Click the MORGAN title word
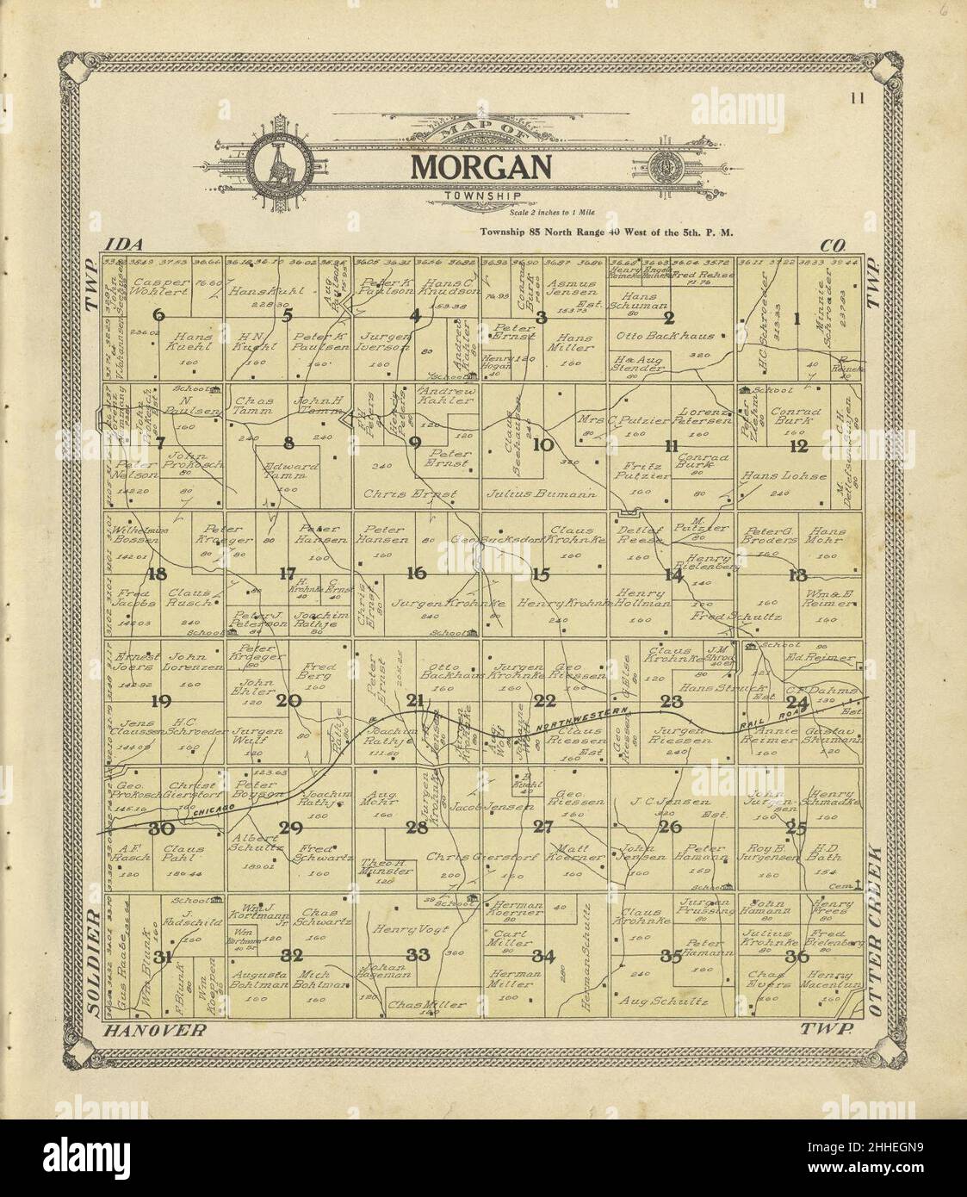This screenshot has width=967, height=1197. (x=480, y=166)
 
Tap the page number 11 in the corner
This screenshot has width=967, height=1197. (x=856, y=97)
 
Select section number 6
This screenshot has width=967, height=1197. (x=159, y=315)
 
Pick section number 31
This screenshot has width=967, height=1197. (x=163, y=956)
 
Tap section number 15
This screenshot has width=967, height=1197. (x=540, y=574)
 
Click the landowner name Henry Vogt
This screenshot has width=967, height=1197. (x=403, y=929)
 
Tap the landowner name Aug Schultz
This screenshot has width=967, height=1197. (x=663, y=1002)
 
